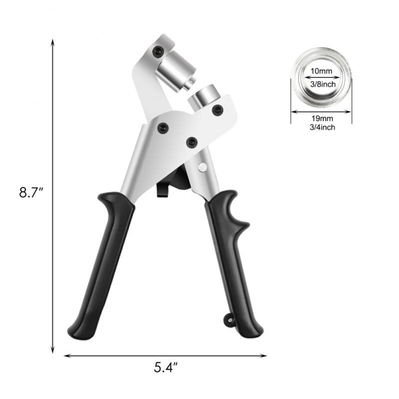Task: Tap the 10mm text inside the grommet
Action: tap(321, 71)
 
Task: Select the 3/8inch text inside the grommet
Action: tap(321, 84)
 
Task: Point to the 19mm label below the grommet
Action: tap(321, 118)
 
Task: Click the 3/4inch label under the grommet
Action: tap(321, 128)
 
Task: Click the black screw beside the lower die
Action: tap(217, 109)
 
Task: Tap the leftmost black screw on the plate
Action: tap(163, 128)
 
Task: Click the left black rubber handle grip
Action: tap(102, 264)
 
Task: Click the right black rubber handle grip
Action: tap(232, 264)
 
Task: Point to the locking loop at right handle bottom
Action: tap(229, 320)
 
